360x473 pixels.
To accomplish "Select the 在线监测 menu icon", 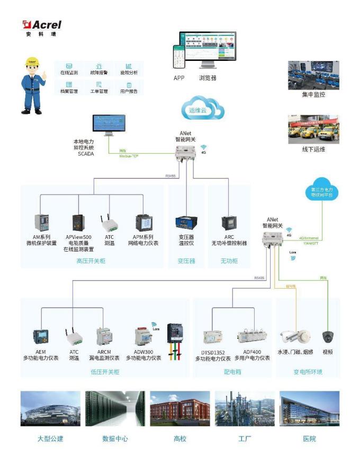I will [69, 66].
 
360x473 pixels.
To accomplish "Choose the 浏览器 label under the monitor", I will [208, 78].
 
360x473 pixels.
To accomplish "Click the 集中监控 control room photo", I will [313, 75].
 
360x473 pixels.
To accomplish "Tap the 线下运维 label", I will [313, 149].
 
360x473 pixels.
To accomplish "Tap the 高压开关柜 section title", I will [91, 261].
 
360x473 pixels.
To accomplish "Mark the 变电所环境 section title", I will [308, 372].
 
